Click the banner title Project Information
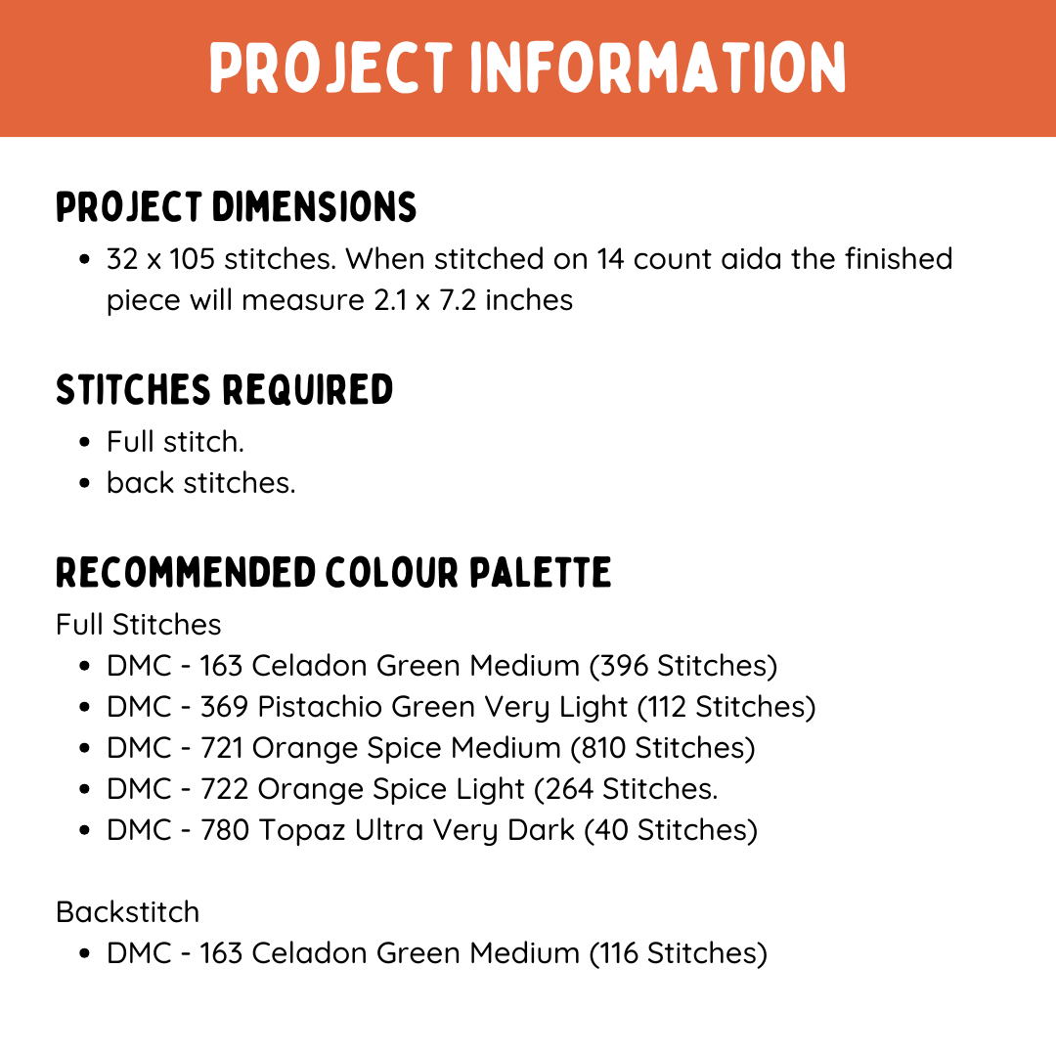(528, 68)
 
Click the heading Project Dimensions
(236, 207)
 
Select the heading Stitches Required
(224, 389)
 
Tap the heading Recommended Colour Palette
(333, 572)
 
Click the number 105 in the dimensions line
(192, 259)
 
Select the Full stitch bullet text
(175, 442)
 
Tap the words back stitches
(200, 483)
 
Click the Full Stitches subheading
(139, 625)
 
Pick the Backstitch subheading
(127, 912)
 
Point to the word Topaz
(299, 830)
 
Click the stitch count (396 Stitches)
(683, 666)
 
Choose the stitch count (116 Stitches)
(678, 953)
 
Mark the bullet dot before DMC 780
(87, 831)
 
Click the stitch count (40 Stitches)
(671, 830)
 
